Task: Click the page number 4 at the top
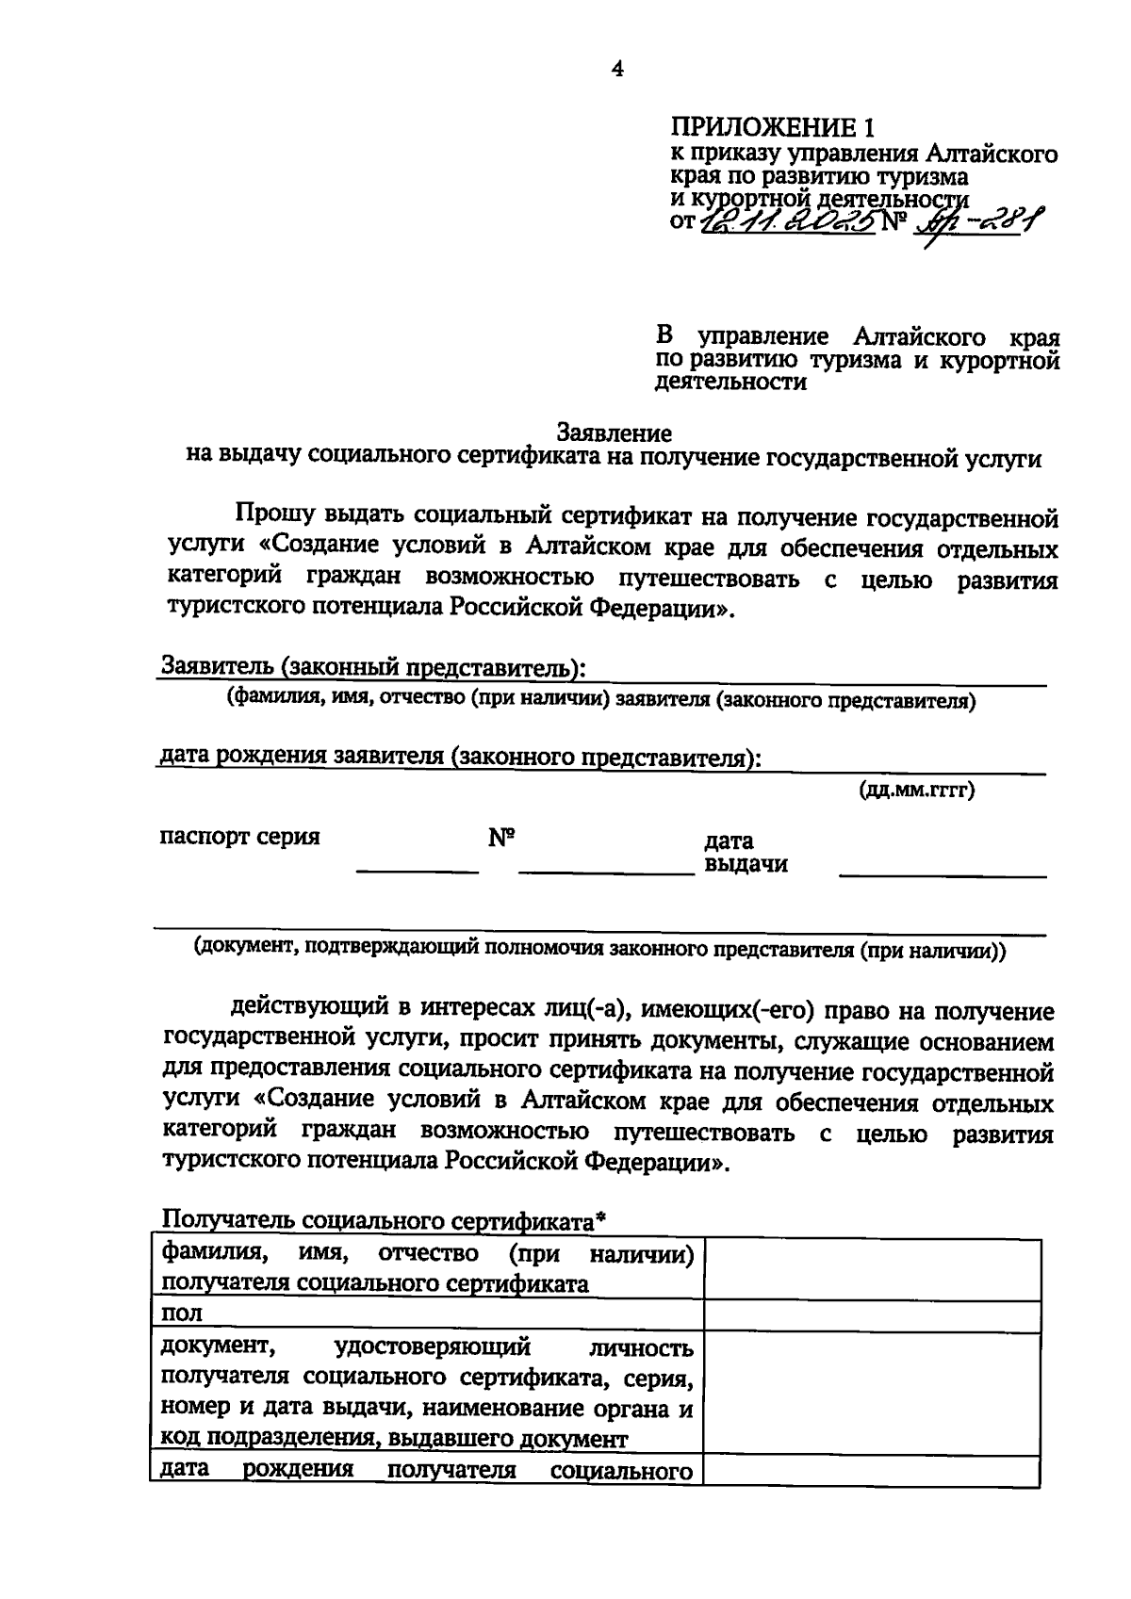617,69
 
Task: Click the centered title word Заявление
615,433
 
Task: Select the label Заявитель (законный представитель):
373,667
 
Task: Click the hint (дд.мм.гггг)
915,790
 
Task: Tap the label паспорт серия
240,837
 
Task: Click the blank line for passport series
417,868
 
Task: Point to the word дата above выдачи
728,840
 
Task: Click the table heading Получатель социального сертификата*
384,1221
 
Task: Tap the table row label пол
182,1313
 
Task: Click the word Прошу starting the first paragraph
273,517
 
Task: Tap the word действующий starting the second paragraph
305,1010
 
